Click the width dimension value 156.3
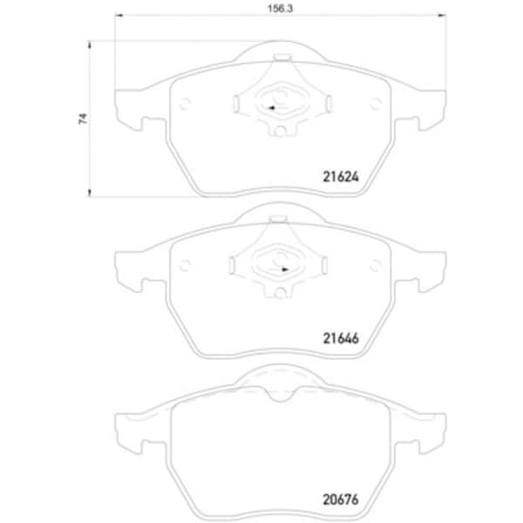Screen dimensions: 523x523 click(x=280, y=9)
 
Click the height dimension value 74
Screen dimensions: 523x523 click(x=83, y=119)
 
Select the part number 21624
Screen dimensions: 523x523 click(x=341, y=177)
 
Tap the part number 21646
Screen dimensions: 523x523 click(x=341, y=338)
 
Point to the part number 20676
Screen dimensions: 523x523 click(x=341, y=499)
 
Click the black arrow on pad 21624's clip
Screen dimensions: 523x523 click(x=271, y=108)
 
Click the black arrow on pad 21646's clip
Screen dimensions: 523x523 click(x=285, y=269)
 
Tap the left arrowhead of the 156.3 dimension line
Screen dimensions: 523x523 click(x=119, y=15)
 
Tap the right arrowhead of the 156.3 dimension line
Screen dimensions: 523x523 click(x=442, y=15)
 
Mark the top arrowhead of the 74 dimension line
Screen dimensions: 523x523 click(x=89, y=45)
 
